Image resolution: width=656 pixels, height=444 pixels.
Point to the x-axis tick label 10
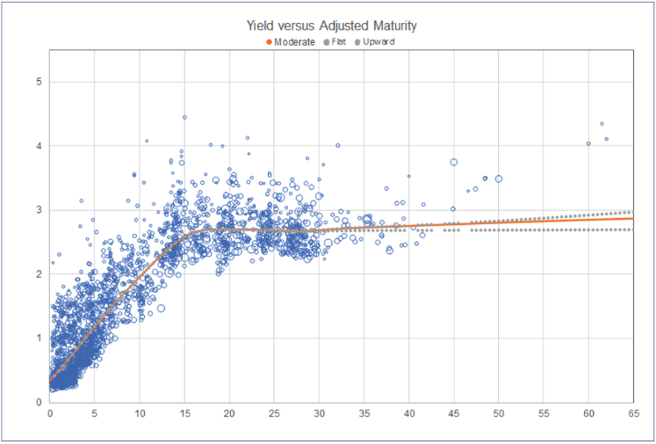140,413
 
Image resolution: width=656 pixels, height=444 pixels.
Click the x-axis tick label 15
184,413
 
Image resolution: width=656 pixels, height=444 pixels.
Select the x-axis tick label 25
274,413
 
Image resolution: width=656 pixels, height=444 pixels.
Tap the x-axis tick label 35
364,413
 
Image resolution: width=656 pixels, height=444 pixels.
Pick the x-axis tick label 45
453,413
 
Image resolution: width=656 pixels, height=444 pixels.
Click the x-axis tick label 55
543,413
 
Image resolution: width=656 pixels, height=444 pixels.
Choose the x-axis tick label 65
632,413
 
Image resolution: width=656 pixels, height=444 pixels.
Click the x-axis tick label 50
498,413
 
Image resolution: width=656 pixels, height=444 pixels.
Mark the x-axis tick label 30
319,413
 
